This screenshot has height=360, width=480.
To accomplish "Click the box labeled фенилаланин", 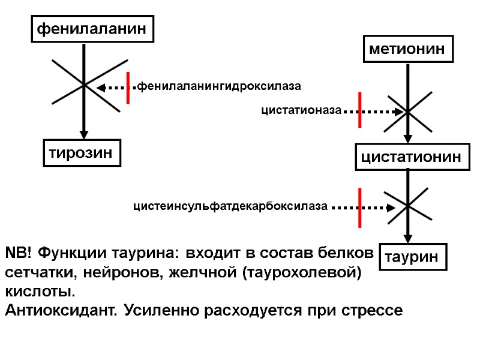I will click(x=92, y=28).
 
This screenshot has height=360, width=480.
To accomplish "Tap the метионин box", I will click(x=409, y=49).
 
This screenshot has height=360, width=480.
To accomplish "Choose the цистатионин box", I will click(x=410, y=157).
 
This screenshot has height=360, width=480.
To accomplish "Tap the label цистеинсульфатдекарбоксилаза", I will click(x=230, y=208).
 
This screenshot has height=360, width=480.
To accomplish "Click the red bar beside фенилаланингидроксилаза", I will click(x=128, y=88).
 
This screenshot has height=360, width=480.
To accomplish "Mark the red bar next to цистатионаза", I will click(x=359, y=110).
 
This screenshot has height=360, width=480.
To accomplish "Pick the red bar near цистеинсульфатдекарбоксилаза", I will click(x=359, y=208).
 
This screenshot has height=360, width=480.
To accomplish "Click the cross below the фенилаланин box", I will click(x=84, y=85).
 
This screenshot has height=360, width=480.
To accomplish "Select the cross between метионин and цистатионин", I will click(x=408, y=112).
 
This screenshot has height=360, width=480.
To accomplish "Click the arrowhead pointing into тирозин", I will click(x=84, y=134).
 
